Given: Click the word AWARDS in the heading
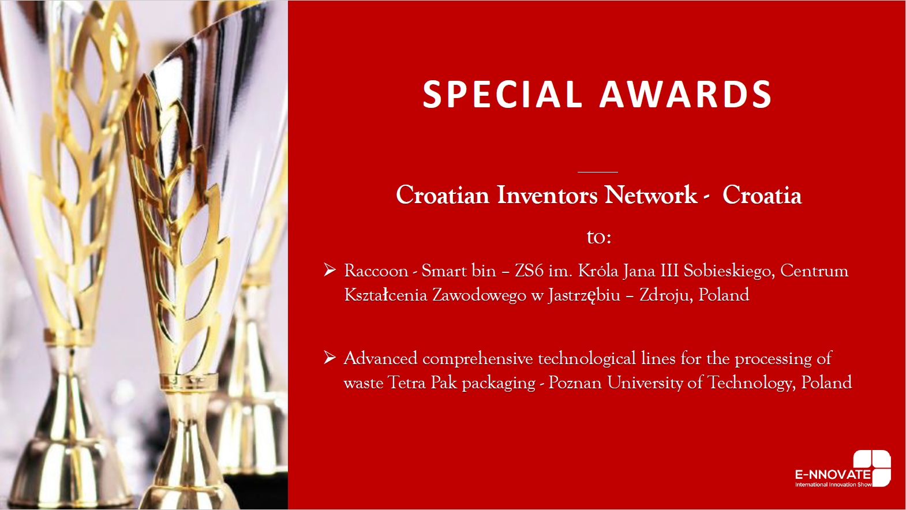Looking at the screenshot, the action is click(x=686, y=94).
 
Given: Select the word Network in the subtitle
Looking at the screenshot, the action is click(x=650, y=195).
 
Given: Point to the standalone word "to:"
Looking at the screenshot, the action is click(x=598, y=238).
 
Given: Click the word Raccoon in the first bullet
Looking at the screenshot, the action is click(x=376, y=271).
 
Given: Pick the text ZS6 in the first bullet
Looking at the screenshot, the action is click(x=529, y=271).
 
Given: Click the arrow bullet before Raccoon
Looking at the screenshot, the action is click(x=330, y=270).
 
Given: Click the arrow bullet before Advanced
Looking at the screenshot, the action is click(x=330, y=358).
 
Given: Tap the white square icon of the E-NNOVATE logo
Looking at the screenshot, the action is click(x=872, y=468).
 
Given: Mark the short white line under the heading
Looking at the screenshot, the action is click(x=598, y=172).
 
